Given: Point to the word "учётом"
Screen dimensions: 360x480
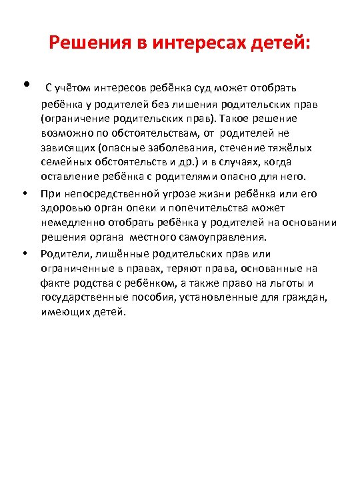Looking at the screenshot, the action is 71,88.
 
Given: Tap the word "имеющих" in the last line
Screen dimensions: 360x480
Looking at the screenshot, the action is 63,311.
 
